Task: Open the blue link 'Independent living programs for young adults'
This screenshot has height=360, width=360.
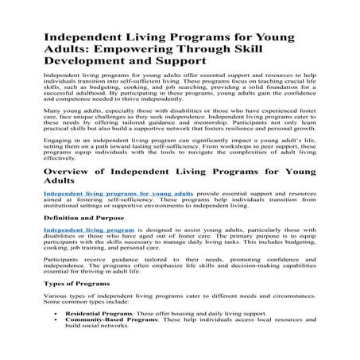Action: coord(118,215)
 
